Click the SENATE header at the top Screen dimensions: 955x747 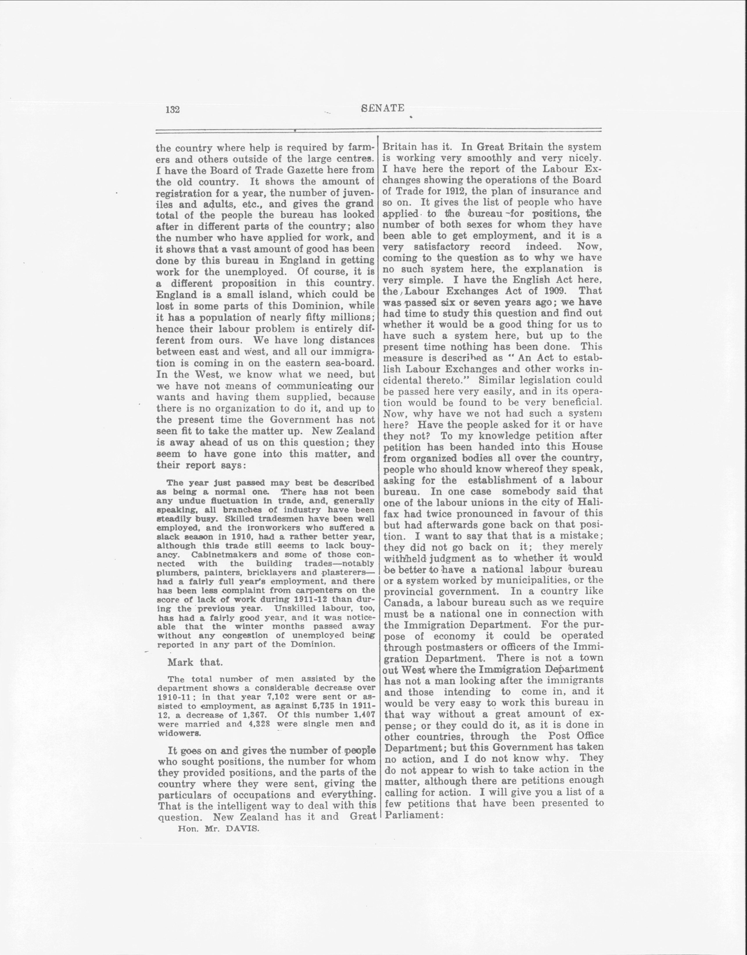click(383, 108)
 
